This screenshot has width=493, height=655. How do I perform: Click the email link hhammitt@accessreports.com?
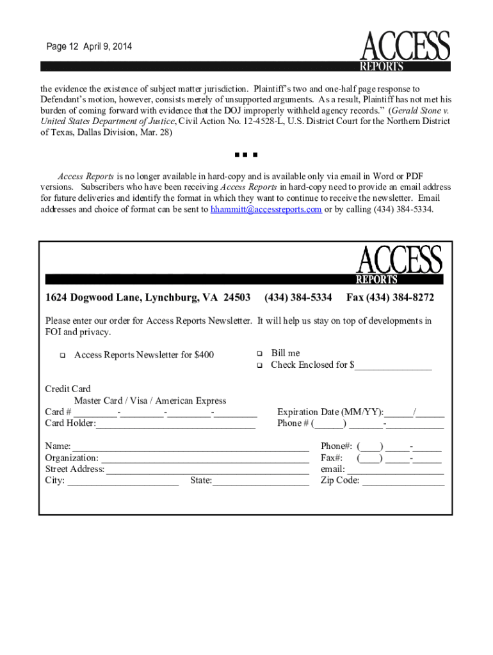(x=266, y=209)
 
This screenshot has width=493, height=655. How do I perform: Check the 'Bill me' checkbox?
(x=260, y=353)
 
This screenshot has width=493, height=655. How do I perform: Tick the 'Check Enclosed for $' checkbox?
(x=260, y=365)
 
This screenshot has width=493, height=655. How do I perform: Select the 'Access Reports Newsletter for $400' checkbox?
(x=63, y=356)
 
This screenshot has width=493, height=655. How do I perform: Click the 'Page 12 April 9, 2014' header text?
(x=89, y=47)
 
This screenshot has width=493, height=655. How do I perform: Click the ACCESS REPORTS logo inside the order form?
(x=399, y=265)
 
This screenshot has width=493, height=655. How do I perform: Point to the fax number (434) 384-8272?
(x=390, y=298)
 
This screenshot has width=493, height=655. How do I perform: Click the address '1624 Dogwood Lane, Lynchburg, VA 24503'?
(x=147, y=298)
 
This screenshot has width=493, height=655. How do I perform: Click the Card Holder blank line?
(x=175, y=423)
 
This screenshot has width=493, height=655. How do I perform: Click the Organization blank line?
(x=205, y=458)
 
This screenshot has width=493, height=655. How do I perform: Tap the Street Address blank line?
(x=207, y=470)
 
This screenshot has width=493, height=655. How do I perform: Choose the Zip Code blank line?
(x=403, y=481)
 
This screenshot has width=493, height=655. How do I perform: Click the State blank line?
(x=261, y=481)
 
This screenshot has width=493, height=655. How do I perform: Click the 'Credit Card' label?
(x=68, y=389)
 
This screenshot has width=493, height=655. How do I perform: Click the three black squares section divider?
(x=246, y=155)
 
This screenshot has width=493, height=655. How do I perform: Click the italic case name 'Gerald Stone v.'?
(x=419, y=110)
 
